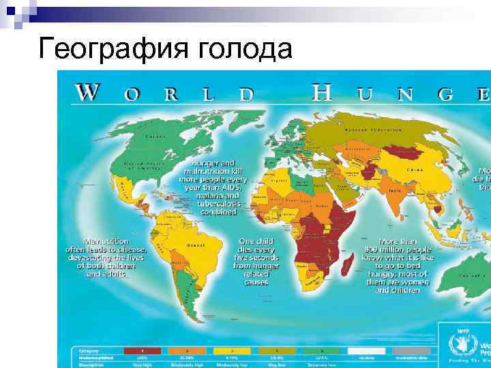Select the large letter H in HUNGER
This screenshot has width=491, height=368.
[321, 92]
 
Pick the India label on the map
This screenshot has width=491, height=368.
[394, 191]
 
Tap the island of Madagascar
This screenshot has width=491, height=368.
[346, 266]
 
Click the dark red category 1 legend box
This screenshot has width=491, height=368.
[141, 350]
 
